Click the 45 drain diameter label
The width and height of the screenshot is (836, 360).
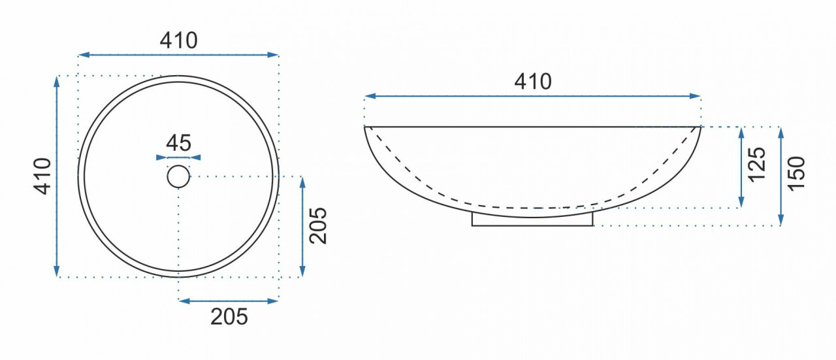tap(178, 142)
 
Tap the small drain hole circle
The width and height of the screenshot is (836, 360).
tap(178, 176)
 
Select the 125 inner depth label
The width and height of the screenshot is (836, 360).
tap(757, 165)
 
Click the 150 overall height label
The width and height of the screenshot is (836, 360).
tap(796, 174)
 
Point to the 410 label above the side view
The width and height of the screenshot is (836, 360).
tap(532, 82)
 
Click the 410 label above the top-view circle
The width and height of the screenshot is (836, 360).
tap(178, 41)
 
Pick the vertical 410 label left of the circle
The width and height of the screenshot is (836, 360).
tap(42, 176)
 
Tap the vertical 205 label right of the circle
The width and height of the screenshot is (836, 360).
tap(318, 225)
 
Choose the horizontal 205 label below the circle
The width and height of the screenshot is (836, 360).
tap(229, 317)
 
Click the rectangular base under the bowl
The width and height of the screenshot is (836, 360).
tap(532, 221)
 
